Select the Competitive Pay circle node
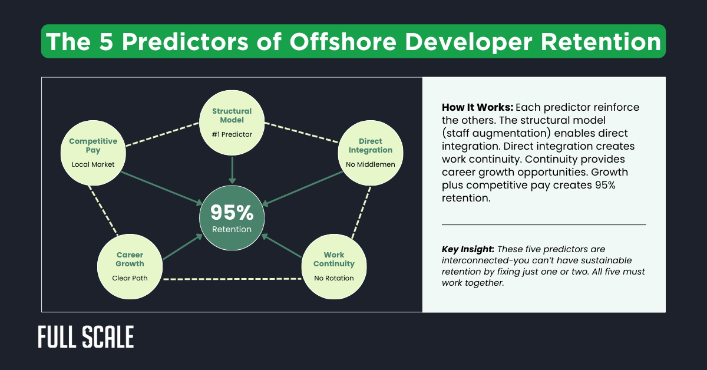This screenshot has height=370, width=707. coord(93,152)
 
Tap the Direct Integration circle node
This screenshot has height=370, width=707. coord(370,152)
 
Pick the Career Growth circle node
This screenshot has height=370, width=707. coord(130,266)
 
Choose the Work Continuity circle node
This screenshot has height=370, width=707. coord(333,266)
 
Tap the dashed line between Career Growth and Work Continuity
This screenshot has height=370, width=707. coord(232,278)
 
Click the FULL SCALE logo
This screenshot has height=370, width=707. coord(86,337)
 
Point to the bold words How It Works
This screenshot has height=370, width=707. coord(477,108)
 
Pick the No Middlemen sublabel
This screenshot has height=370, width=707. coord(370,165)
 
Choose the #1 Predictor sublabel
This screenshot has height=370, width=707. coord(232,134)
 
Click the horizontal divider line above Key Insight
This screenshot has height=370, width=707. coord(543,224)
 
